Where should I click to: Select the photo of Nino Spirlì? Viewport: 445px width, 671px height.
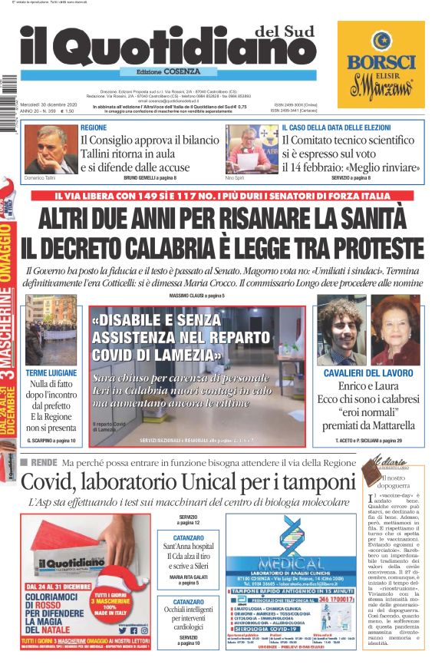click(252, 149)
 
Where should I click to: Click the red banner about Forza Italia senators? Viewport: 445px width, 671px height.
click(222, 196)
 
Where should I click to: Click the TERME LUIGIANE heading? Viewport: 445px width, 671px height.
click(51, 372)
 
